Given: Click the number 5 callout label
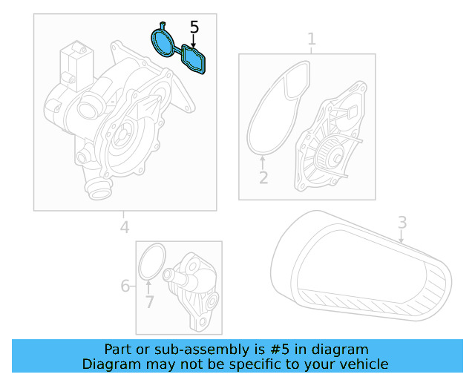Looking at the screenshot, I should (194, 28).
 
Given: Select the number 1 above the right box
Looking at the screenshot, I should (312, 38).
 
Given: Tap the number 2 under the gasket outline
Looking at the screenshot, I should (263, 178).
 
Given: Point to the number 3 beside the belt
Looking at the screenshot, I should (402, 222).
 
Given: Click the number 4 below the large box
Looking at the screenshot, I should (125, 227).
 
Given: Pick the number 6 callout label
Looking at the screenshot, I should (125, 286).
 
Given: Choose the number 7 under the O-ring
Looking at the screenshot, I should (149, 302).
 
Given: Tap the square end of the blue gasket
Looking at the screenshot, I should (196, 59).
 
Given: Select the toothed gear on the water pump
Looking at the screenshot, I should (332, 156).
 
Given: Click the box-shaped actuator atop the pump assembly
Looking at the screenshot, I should (74, 60).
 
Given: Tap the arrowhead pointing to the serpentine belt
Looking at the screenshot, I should (402, 241).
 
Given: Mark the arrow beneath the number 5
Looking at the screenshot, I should (194, 43).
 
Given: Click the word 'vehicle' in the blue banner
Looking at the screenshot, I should (361, 364).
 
